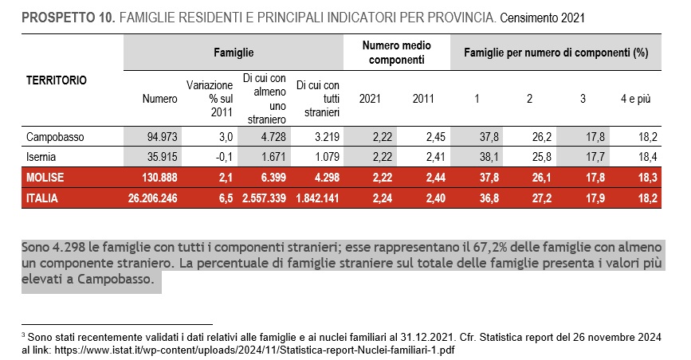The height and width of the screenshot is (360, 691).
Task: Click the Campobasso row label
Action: pyautogui.click(x=55, y=137)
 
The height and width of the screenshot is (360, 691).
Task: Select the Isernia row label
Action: pyautogui.click(x=41, y=157)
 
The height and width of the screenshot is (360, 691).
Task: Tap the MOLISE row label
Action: pyautogui.click(x=45, y=178)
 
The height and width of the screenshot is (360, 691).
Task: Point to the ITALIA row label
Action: pyautogui.click(x=42, y=198)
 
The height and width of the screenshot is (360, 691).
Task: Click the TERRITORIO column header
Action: pyautogui.click(x=57, y=80)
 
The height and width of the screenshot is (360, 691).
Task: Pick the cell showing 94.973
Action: pyautogui.click(x=162, y=137)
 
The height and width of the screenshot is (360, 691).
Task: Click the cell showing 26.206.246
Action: pyautogui.click(x=152, y=198)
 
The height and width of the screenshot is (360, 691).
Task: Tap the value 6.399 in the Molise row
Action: pyautogui.click(x=273, y=178)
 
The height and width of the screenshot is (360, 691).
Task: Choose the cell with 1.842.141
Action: pyautogui.click(x=317, y=198)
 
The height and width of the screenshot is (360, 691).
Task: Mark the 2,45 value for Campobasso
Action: pyautogui.click(x=435, y=137)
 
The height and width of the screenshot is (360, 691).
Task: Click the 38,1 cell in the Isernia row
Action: pyautogui.click(x=489, y=157)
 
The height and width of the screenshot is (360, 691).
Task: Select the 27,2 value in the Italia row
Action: pyautogui.click(x=542, y=198)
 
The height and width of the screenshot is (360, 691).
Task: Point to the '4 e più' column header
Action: pyautogui.click(x=635, y=99)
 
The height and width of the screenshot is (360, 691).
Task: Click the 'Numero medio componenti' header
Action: pyautogui.click(x=397, y=53)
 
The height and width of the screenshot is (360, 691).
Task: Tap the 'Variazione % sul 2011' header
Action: pyautogui.click(x=210, y=99)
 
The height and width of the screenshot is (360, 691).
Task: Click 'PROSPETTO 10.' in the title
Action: pyautogui.click(x=69, y=18)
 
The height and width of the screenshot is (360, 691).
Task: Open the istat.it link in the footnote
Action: pyautogui.click(x=255, y=350)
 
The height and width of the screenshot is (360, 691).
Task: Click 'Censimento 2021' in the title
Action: pyautogui.click(x=542, y=18)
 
